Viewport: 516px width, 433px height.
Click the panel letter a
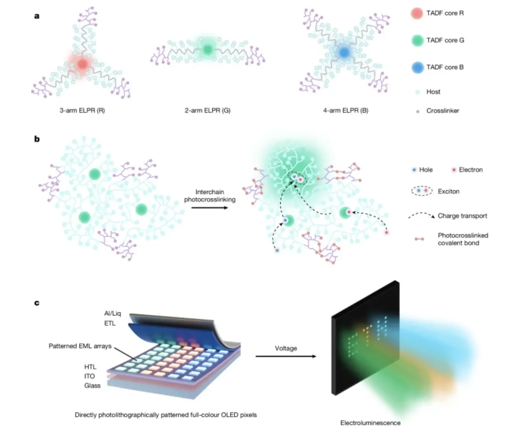click(x=37, y=16)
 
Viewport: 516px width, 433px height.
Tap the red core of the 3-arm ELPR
click(x=83, y=64)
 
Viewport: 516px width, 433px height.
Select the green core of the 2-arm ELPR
click(x=208, y=49)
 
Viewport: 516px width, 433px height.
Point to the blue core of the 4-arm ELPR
click(x=344, y=52)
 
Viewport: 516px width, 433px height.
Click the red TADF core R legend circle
click(x=417, y=13)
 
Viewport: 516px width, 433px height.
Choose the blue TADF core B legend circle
click(x=418, y=68)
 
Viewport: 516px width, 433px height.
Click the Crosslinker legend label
click(x=442, y=111)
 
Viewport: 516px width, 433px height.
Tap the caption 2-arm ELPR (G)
click(x=208, y=111)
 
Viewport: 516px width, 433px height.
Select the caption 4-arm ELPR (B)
click(x=346, y=111)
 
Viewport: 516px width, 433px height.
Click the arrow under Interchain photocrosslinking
click(x=209, y=208)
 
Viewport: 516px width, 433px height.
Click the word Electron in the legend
click(x=471, y=170)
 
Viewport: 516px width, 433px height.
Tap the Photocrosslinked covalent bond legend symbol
click(x=419, y=239)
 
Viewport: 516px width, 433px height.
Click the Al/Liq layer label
click(x=113, y=313)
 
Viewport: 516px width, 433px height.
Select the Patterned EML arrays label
click(x=80, y=346)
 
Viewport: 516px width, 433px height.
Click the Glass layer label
click(x=92, y=386)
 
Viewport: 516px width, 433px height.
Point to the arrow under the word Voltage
click(x=286, y=356)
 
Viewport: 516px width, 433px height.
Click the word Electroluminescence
click(x=370, y=423)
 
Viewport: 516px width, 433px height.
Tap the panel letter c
click(x=37, y=303)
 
